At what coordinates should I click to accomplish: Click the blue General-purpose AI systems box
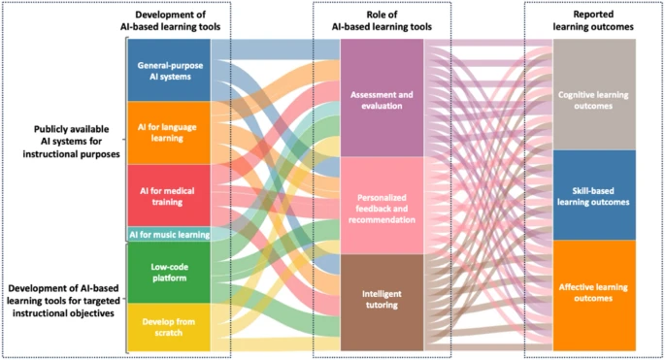coord(169,70)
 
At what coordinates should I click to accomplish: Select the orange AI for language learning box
coord(169,132)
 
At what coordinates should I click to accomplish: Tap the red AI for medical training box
coord(169,195)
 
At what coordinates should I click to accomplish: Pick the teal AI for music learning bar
coord(169,234)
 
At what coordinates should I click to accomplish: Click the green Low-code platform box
coord(169,273)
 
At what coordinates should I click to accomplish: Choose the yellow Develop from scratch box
coord(169,326)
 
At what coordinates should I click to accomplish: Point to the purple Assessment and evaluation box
coord(382,99)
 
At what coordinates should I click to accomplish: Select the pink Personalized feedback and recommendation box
coord(382,206)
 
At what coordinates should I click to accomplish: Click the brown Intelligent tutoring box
coord(382,301)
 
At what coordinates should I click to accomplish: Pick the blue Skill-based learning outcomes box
coord(594,195)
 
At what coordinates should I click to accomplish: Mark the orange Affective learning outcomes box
coord(594,294)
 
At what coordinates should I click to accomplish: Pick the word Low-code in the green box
coord(169,266)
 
